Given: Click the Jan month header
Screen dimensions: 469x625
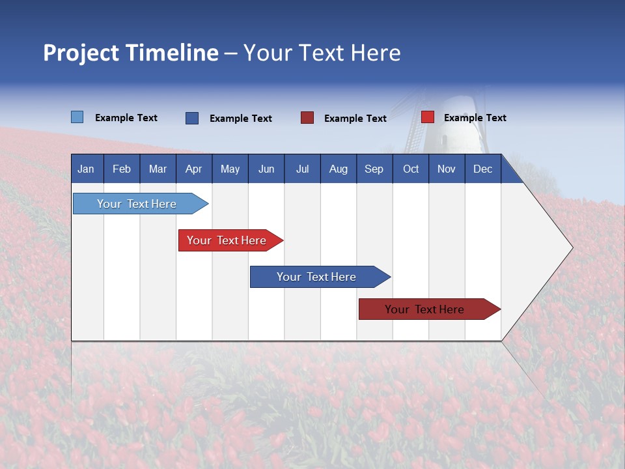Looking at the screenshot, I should click(x=86, y=169).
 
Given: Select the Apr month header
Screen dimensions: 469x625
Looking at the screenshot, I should click(x=193, y=169).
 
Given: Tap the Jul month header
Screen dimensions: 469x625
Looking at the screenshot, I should click(x=302, y=169).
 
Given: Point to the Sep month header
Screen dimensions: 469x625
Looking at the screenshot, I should click(x=374, y=169).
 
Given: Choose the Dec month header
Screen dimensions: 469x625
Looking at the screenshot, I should click(x=482, y=169).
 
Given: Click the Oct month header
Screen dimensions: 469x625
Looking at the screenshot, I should click(x=411, y=169).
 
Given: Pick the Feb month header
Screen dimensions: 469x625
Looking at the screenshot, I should click(x=122, y=169).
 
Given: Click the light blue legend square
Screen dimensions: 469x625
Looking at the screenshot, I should click(x=77, y=117).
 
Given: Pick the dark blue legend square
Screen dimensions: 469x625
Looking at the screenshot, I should click(x=192, y=118).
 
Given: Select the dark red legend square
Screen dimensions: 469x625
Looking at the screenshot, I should click(x=307, y=118).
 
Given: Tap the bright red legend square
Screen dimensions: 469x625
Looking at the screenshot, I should click(x=427, y=117).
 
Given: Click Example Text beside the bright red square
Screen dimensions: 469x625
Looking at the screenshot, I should click(x=475, y=118).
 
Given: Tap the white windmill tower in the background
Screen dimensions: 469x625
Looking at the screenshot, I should click(x=456, y=124).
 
